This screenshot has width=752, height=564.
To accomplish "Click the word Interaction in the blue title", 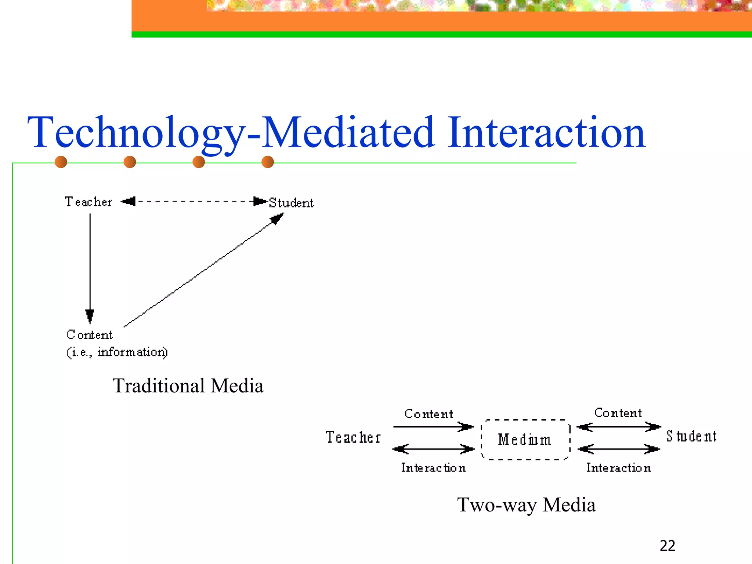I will pyautogui.click(x=546, y=133).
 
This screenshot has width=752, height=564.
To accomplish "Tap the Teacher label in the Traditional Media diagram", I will pyautogui.click(x=88, y=202).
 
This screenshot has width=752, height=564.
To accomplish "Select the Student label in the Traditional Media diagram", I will pyautogui.click(x=291, y=203).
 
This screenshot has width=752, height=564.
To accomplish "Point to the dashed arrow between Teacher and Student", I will pyautogui.click(x=194, y=201).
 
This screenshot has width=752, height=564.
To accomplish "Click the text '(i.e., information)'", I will pyautogui.click(x=117, y=352).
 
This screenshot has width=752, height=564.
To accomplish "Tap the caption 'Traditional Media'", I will pyautogui.click(x=188, y=386).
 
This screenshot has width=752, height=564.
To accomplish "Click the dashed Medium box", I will pyautogui.click(x=525, y=440).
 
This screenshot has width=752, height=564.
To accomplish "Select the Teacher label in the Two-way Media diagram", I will pyautogui.click(x=353, y=437).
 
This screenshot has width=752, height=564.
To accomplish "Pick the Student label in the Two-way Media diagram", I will pyautogui.click(x=691, y=436).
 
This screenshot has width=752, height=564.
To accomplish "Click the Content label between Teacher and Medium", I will pyautogui.click(x=429, y=414).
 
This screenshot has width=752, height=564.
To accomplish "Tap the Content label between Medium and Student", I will pyautogui.click(x=618, y=413).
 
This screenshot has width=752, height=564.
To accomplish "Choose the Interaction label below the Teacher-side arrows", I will pyautogui.click(x=433, y=468).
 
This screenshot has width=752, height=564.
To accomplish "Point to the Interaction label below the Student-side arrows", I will pyautogui.click(x=619, y=468).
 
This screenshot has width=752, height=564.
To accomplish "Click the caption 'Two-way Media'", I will pyautogui.click(x=526, y=505).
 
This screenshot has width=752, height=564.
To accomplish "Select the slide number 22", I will pyautogui.click(x=667, y=546).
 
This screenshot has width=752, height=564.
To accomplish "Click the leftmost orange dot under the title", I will pyautogui.click(x=61, y=162).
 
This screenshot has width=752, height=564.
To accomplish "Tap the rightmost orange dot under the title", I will pyautogui.click(x=268, y=162).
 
